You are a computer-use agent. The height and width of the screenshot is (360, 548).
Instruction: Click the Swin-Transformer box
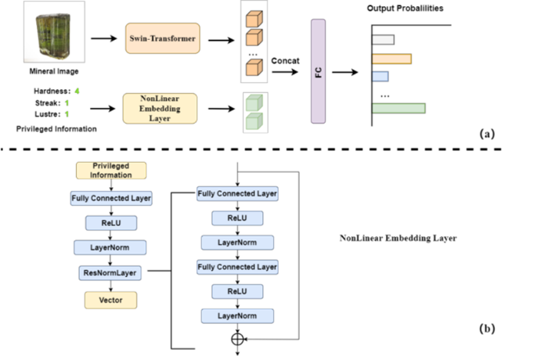click(163, 38)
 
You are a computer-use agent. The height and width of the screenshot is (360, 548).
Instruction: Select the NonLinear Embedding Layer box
click(160, 108)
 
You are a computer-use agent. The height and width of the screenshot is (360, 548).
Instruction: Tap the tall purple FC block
click(318, 71)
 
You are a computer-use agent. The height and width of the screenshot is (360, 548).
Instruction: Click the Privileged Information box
click(111, 171)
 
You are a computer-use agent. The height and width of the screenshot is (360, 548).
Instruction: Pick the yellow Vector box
click(110, 301)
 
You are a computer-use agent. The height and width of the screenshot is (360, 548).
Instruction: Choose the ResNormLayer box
click(110, 273)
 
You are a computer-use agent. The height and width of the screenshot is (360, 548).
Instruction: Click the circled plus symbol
click(237, 339)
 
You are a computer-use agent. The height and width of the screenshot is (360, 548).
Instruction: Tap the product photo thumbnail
click(53, 31)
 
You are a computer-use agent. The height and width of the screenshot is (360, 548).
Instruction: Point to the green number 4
click(77, 91)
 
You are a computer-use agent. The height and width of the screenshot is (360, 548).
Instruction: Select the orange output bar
click(391, 59)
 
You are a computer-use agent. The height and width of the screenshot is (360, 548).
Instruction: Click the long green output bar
click(398, 108)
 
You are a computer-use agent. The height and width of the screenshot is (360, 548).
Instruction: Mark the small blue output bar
click(380, 76)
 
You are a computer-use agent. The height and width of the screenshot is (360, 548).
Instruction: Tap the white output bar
click(383, 39)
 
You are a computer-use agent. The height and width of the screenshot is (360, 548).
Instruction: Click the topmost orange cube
click(254, 19)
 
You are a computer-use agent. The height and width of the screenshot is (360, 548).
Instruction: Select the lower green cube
click(254, 121)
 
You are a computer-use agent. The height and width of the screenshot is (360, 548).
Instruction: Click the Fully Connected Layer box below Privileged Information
click(111, 198)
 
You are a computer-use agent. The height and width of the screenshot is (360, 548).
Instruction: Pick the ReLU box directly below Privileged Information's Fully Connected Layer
click(111, 223)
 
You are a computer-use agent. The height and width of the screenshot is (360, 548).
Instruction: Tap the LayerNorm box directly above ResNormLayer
click(110, 247)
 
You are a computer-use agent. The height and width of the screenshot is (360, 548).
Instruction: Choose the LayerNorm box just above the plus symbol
click(237, 315)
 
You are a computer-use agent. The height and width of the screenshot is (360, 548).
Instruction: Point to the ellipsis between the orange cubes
click(253, 54)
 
